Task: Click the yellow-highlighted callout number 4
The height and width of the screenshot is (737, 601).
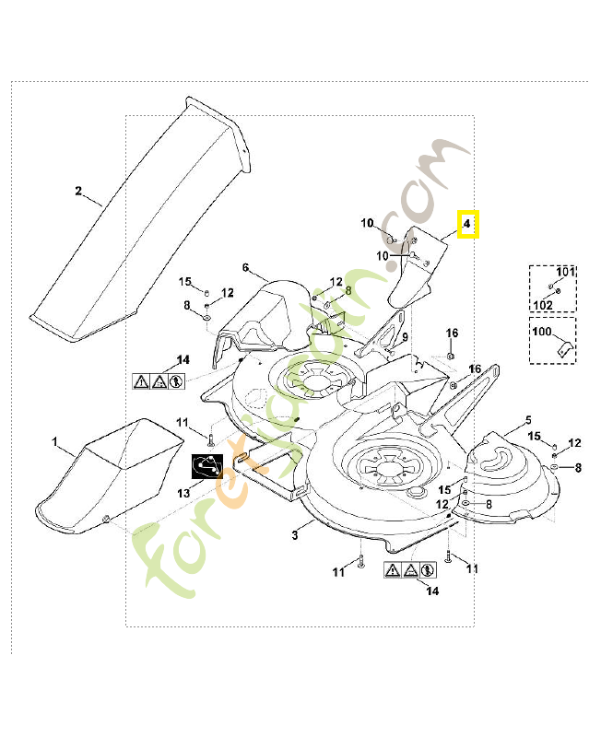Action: (x=467, y=224)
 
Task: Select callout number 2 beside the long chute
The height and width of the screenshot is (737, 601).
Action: (x=78, y=192)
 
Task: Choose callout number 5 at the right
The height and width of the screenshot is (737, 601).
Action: (x=528, y=420)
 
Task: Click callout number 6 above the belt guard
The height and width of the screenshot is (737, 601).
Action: (x=246, y=267)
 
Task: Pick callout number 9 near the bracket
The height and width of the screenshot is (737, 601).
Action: (x=404, y=338)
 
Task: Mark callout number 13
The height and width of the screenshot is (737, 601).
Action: (x=183, y=494)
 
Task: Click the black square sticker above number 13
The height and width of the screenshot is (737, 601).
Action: (x=207, y=467)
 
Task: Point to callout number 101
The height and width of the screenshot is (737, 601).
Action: (x=564, y=272)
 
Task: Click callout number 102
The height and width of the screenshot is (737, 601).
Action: (x=543, y=304)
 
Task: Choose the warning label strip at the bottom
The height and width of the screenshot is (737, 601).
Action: (x=409, y=570)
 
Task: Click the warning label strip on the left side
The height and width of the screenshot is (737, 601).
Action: (x=158, y=379)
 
